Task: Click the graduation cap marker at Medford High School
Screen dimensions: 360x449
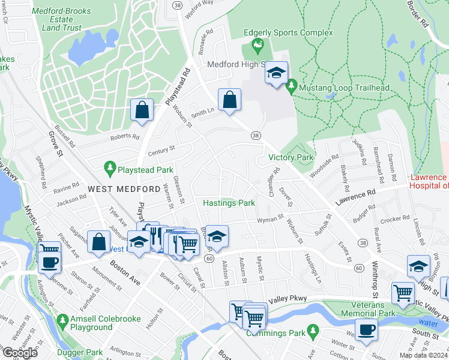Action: click(x=276, y=73)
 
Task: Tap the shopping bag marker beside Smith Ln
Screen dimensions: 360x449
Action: click(x=230, y=100)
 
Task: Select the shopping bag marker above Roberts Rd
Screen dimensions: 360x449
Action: click(x=141, y=110)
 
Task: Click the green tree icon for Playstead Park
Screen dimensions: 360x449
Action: click(x=109, y=170)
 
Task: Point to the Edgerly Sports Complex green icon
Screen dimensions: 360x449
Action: click(x=258, y=44)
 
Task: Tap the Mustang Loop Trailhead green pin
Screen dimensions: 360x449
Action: click(x=291, y=88)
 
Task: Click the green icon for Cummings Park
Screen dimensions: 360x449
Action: click(x=312, y=331)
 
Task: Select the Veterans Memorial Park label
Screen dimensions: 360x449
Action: click(x=368, y=308)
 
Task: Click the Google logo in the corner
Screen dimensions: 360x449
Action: click(x=20, y=353)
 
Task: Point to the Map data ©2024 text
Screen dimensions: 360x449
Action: click(x=423, y=355)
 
